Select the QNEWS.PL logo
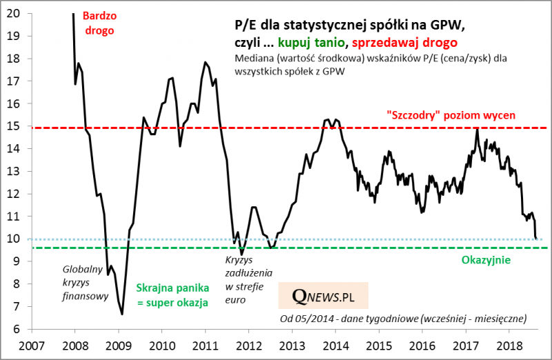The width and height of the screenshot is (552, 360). coord(323,296)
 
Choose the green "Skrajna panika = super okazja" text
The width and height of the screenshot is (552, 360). coord(172,295)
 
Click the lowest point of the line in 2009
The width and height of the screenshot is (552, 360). coord(122,314)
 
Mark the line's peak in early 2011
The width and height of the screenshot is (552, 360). coord(206,63)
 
